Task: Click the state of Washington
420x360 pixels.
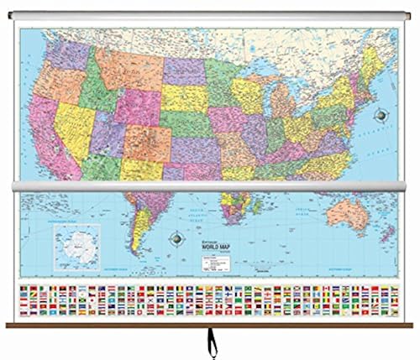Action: tap(63, 52)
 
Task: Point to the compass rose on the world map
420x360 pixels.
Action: tap(177, 237)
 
